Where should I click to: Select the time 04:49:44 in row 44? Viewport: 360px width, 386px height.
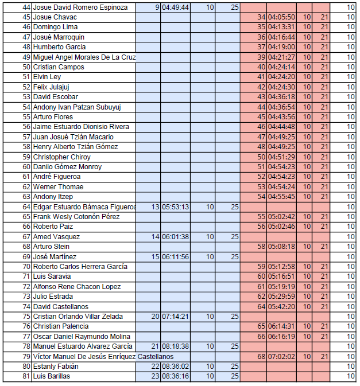tap(175, 7)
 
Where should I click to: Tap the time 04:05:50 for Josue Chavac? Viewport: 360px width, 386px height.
tap(281, 17)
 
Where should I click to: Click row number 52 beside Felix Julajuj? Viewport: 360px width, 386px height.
tap(26, 87)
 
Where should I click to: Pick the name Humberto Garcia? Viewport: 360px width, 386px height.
tap(59, 47)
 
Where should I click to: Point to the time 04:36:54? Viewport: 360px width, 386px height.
tap(281, 107)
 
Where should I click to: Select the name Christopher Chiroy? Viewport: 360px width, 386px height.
tap(61, 157)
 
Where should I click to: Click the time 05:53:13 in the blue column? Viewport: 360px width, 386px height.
tap(175, 207)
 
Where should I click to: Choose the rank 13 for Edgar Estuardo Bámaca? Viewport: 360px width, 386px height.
tap(155, 207)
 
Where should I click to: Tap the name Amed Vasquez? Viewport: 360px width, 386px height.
tap(56, 237)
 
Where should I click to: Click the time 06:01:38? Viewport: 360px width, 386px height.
tap(175, 237)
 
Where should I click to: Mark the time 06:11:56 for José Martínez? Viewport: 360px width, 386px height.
tap(175, 257)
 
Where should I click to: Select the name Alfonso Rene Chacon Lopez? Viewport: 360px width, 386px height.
tap(76, 287)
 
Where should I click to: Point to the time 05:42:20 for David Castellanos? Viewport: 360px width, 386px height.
tap(281, 307)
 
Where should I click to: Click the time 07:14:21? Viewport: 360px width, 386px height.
tap(175, 317)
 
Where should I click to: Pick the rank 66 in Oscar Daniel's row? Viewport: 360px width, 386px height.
tap(261, 337)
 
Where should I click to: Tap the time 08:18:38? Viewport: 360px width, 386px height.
tap(175, 346)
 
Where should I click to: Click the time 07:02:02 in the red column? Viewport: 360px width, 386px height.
tap(281, 357)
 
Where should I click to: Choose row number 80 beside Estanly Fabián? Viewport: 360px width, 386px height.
tap(26, 366)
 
